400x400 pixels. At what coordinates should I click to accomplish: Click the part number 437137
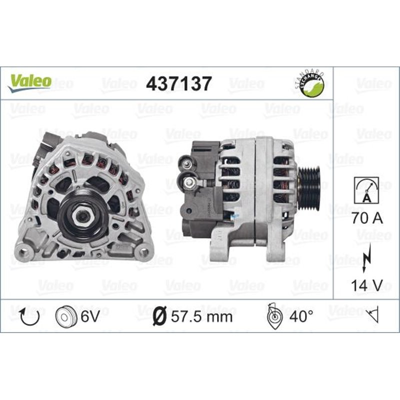(178, 83)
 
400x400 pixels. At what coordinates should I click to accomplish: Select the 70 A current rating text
(367, 218)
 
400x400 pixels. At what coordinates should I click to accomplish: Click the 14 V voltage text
(367, 285)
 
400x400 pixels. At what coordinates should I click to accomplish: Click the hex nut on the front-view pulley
(82, 215)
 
